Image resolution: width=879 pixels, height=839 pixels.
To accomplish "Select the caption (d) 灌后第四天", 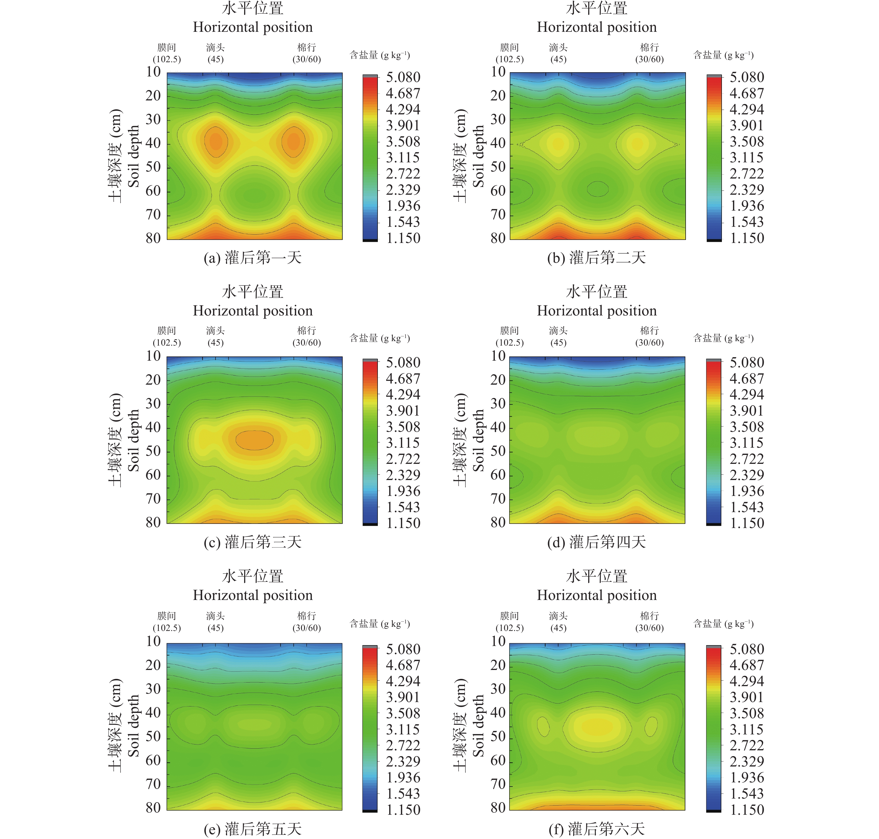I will pos(596,543).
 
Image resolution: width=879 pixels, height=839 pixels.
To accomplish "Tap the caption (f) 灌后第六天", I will pos(596,829).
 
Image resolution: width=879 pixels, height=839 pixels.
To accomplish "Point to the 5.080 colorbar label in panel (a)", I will pos(403,77).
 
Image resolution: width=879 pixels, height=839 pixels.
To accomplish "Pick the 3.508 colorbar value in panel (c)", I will pos(403,427).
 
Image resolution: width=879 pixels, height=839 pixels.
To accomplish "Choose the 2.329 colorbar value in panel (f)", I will pos(746,761).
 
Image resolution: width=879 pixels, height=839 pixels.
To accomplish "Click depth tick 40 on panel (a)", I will pos(153,143).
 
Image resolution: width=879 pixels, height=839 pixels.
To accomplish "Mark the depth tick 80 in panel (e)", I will pos(153,808).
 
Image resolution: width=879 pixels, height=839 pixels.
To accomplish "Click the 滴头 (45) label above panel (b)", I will pos(558,53).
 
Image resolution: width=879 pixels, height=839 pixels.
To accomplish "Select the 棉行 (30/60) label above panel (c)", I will pos(306,336).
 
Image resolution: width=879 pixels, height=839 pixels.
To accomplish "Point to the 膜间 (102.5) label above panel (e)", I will pos(167,622).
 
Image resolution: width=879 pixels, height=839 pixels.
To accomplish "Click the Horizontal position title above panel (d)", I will pos(597,311).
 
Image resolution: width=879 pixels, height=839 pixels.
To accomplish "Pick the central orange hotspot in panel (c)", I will pos(254,440).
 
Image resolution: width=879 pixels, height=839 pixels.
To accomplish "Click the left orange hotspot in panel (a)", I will pos(216,142).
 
